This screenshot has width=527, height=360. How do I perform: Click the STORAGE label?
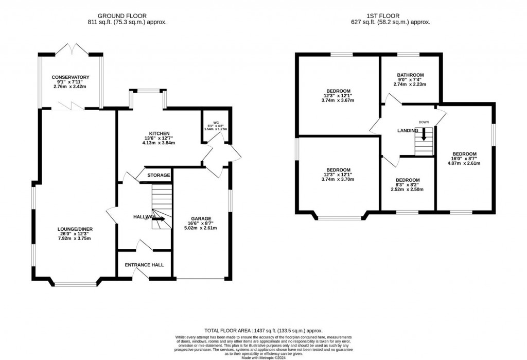click(x=159, y=176)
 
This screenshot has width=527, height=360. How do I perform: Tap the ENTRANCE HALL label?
click(x=145, y=265)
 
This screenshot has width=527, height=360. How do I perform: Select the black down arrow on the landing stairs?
click(x=424, y=135)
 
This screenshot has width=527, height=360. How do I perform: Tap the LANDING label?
click(x=408, y=131)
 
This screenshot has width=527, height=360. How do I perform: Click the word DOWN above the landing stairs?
click(x=424, y=122)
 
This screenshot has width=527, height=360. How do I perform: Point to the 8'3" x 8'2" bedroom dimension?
click(x=407, y=184)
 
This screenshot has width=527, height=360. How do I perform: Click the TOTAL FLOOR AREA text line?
click(x=263, y=330)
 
